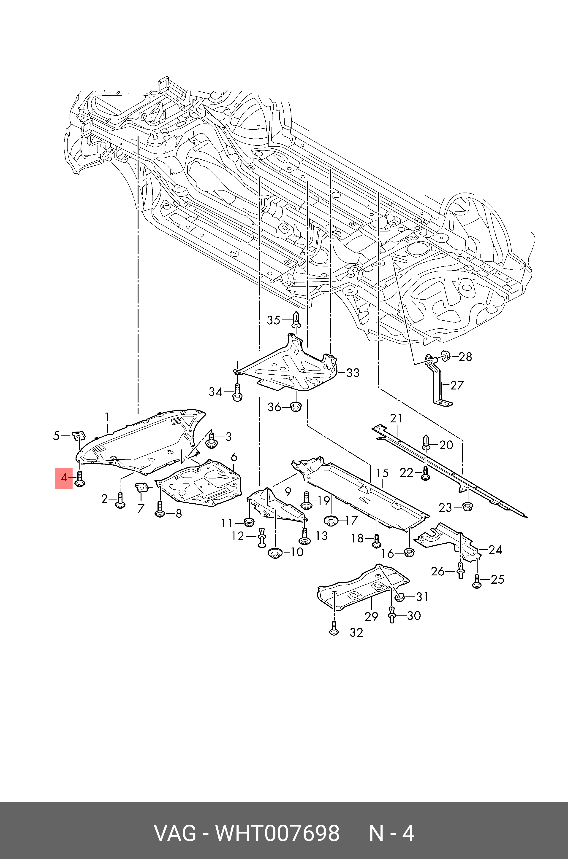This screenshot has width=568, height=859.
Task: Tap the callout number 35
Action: click(274, 320)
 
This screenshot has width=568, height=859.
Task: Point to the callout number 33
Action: click(353, 373)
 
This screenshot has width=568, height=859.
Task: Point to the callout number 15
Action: click(382, 473)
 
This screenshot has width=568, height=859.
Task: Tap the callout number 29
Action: click(371, 616)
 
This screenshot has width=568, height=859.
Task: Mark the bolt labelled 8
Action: click(160, 510)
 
